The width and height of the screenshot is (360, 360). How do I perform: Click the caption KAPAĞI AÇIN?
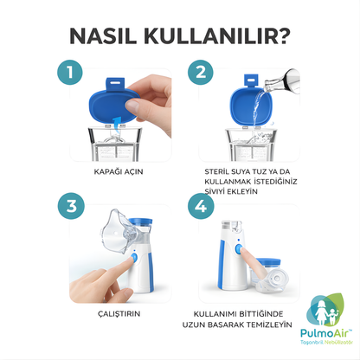point(117,171)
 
